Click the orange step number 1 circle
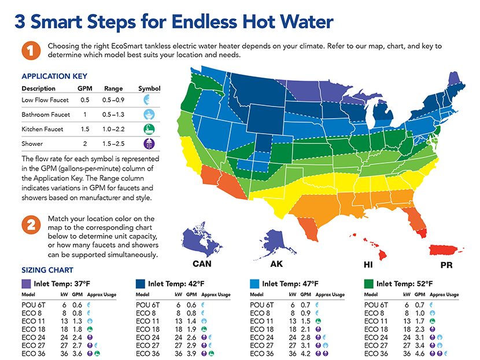31,51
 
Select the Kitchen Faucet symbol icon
149,129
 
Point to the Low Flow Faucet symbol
149,100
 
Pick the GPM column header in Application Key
84,89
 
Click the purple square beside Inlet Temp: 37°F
26,284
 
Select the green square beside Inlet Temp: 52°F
368,284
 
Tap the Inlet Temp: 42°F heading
176,284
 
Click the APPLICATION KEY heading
54,76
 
